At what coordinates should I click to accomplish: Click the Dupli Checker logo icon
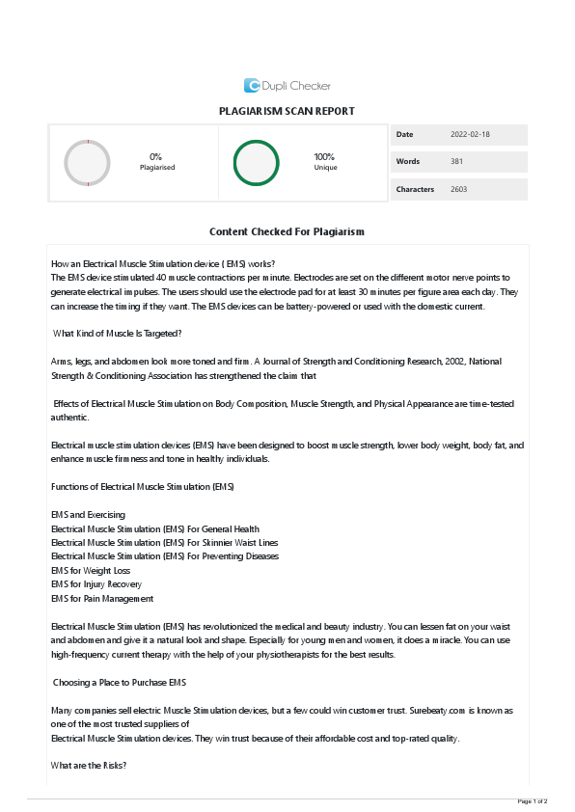(x=252, y=85)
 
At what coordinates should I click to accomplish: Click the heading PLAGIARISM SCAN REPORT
(x=287, y=112)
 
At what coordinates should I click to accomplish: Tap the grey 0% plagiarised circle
(x=87, y=162)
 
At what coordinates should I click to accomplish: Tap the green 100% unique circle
(x=256, y=162)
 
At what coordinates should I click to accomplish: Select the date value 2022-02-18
(x=470, y=134)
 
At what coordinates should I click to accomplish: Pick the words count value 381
(x=456, y=161)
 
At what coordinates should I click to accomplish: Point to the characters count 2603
(x=458, y=189)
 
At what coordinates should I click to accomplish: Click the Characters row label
(x=415, y=189)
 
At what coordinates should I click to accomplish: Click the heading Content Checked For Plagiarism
(x=287, y=232)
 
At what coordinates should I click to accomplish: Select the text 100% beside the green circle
(x=324, y=156)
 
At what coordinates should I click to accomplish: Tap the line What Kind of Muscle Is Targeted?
(x=118, y=334)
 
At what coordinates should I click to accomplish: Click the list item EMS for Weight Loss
(x=90, y=570)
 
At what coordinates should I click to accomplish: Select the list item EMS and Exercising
(x=88, y=515)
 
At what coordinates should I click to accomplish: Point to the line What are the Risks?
(x=89, y=766)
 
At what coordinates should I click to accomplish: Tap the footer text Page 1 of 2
(x=533, y=801)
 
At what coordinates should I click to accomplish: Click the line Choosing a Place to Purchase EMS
(x=120, y=683)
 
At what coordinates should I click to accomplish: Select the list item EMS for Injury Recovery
(x=96, y=584)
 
